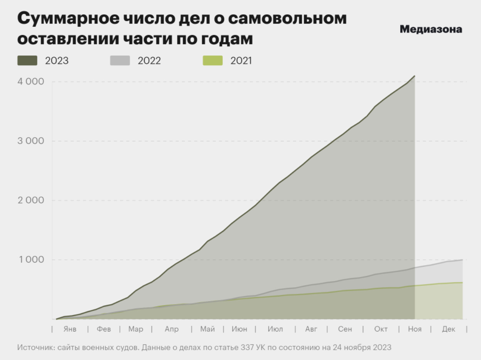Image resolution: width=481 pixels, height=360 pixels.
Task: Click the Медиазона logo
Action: [431, 29]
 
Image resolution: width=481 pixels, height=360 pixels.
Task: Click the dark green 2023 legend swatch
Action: [27, 61]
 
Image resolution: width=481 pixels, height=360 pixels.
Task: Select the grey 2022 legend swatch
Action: [120, 61]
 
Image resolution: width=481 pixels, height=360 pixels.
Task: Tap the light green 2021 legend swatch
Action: [212, 61]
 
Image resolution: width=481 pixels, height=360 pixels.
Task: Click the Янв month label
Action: [70, 329]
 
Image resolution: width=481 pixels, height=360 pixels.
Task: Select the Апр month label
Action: [172, 329]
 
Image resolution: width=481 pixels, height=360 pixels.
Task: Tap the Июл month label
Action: [276, 329]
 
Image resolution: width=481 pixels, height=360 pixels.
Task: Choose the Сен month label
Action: [345, 329]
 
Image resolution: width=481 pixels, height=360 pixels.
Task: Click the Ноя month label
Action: [415, 329]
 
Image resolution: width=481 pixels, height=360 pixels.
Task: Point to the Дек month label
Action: [448, 329]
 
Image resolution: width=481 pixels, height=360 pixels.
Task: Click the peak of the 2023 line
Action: [415, 76]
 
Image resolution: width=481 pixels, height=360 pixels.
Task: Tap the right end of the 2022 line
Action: [462, 260]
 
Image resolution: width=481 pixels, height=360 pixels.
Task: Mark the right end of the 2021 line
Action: [462, 283]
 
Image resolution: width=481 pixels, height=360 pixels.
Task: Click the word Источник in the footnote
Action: [35, 347]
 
